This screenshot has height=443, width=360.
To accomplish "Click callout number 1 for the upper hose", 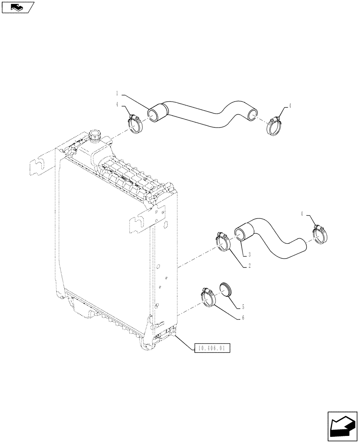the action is tap(117, 93).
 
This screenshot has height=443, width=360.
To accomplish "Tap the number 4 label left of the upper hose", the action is tap(117, 105).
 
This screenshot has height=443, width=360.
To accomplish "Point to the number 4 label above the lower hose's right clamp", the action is tap(302, 214).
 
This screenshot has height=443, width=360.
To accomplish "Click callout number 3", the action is tap(250, 254).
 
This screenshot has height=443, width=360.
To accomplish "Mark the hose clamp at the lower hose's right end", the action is tap(320, 234).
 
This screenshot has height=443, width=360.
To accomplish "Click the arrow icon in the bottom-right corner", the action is tap(342, 426).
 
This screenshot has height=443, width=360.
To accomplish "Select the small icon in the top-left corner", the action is tap(17, 7).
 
